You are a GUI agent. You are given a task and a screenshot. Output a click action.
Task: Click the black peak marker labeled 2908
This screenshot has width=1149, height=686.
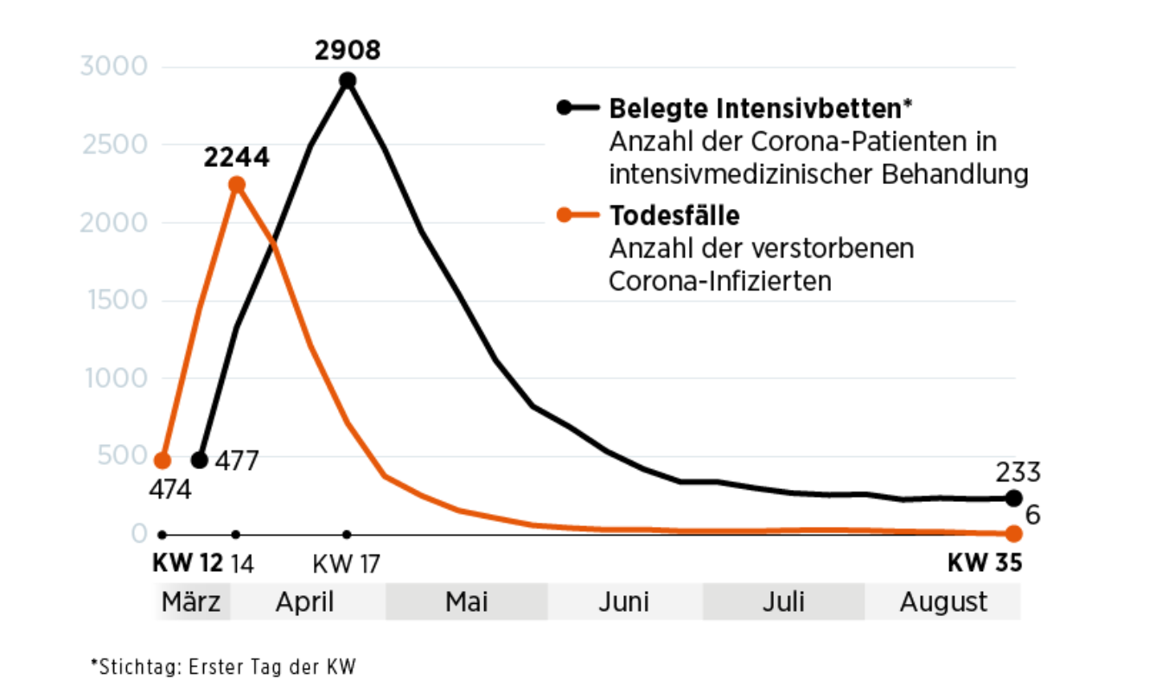pyautogui.click(x=348, y=81)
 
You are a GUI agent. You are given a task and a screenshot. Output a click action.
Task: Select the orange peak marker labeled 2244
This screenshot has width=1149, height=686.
pyautogui.click(x=236, y=185)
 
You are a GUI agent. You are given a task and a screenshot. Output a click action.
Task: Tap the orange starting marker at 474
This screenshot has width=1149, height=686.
pyautogui.click(x=163, y=460)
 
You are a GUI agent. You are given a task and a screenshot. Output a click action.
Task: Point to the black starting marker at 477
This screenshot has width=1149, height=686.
pyautogui.click(x=200, y=460)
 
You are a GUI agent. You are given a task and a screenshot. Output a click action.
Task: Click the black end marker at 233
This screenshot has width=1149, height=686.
pyautogui.click(x=1013, y=499)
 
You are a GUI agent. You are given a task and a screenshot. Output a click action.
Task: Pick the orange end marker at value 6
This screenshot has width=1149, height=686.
pyautogui.click(x=1013, y=534)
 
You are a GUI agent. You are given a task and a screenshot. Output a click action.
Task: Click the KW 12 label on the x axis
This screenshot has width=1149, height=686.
pyautogui.click(x=187, y=565)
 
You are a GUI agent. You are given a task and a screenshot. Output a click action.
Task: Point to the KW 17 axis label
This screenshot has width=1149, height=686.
pyautogui.click(x=347, y=565)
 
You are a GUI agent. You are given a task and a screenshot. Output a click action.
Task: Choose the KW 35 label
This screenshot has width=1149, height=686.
pyautogui.click(x=985, y=563)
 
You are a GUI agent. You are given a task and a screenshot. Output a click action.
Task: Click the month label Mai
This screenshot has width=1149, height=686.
pyautogui.click(x=467, y=601)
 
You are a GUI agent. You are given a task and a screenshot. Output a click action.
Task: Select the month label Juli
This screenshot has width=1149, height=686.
pyautogui.click(x=783, y=601)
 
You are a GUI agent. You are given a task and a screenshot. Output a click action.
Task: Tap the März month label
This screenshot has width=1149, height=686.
pyautogui.click(x=191, y=601)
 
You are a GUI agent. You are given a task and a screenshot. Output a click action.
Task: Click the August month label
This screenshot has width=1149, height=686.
pyautogui.click(x=943, y=601)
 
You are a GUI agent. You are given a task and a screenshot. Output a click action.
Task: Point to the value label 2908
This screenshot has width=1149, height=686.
pyautogui.click(x=348, y=50)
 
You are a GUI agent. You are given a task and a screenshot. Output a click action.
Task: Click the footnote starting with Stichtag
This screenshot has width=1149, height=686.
pyautogui.click(x=224, y=666)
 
